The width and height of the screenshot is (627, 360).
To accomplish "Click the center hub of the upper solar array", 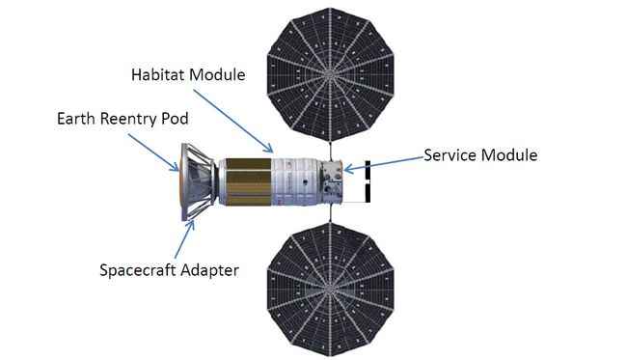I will tap(330, 72).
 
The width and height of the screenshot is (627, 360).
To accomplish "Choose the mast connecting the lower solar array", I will tap(330, 214).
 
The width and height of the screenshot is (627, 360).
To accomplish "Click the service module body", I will tap(332, 183).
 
